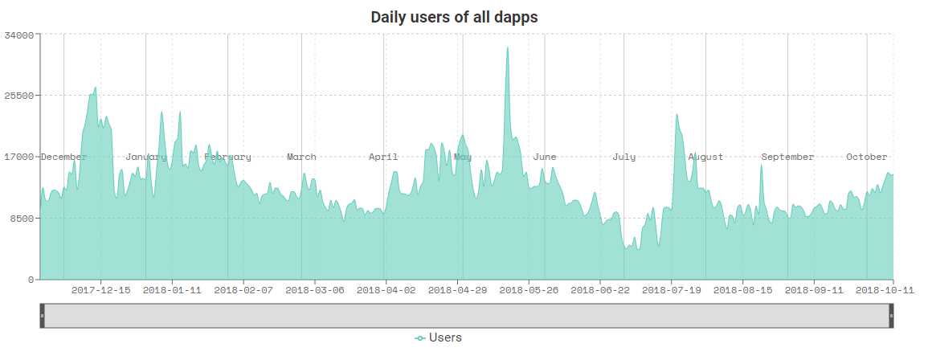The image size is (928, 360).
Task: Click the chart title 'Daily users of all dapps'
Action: click(x=454, y=17)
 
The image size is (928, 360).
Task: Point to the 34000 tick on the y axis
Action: click(x=19, y=35)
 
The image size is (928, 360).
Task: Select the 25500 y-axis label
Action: click(x=19, y=96)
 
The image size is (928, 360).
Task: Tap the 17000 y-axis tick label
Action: click(x=19, y=157)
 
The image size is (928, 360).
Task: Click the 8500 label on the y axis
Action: click(x=22, y=218)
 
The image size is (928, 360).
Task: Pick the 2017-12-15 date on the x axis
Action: click(x=100, y=290)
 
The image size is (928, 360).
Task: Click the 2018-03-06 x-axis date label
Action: click(x=314, y=290)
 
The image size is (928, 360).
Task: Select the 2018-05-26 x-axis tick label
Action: click(x=528, y=290)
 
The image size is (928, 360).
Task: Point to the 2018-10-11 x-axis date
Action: click(x=885, y=290)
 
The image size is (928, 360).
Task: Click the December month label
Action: click(x=63, y=157)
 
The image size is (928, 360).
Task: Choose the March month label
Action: click(x=301, y=157)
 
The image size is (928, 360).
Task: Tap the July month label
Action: click(x=623, y=157)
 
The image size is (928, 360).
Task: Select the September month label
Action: click(x=787, y=157)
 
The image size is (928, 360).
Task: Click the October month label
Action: click(x=866, y=157)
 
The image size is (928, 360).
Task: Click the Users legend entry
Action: click(x=439, y=337)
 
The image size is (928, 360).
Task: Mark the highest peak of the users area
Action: click(x=507, y=47)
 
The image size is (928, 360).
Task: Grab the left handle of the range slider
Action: click(x=42, y=316)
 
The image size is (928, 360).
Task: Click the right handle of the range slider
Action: click(x=891, y=316)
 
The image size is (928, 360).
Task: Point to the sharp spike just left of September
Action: click(x=761, y=166)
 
